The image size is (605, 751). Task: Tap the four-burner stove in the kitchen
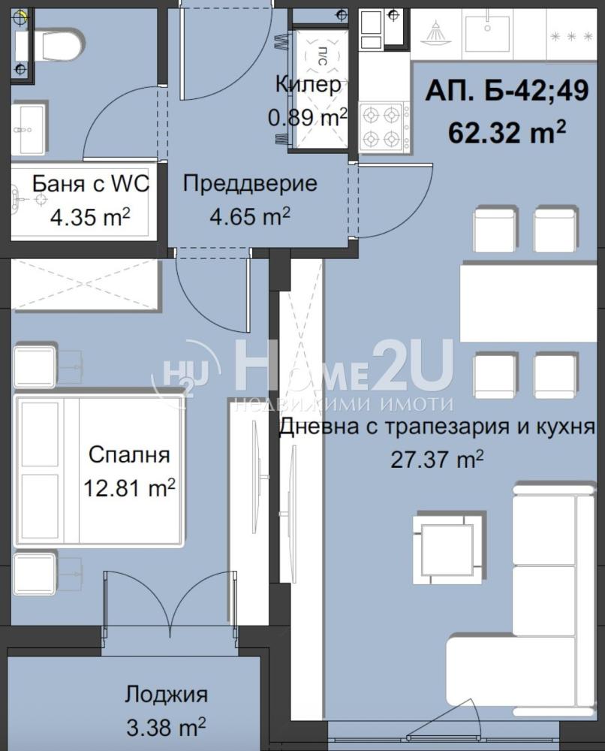coord(384,127)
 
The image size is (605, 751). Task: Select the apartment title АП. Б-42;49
coord(507,90)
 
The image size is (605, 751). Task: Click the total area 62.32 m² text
coord(507,131)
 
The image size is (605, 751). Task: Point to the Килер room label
coord(309,85)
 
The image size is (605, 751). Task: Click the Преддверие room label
coord(250,183)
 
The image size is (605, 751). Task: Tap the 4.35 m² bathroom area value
coord(90,218)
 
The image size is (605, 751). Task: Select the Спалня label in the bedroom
coord(129,454)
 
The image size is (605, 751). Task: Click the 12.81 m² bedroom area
coord(129,488)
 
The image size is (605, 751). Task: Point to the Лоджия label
coord(166,694)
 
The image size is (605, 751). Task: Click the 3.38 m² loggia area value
coord(166,727)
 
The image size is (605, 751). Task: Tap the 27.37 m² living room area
coord(437,460)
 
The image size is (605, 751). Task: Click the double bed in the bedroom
coord(100,470)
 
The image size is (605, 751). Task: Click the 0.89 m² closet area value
coord(307,117)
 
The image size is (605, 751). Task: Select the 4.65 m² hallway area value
coord(250,217)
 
